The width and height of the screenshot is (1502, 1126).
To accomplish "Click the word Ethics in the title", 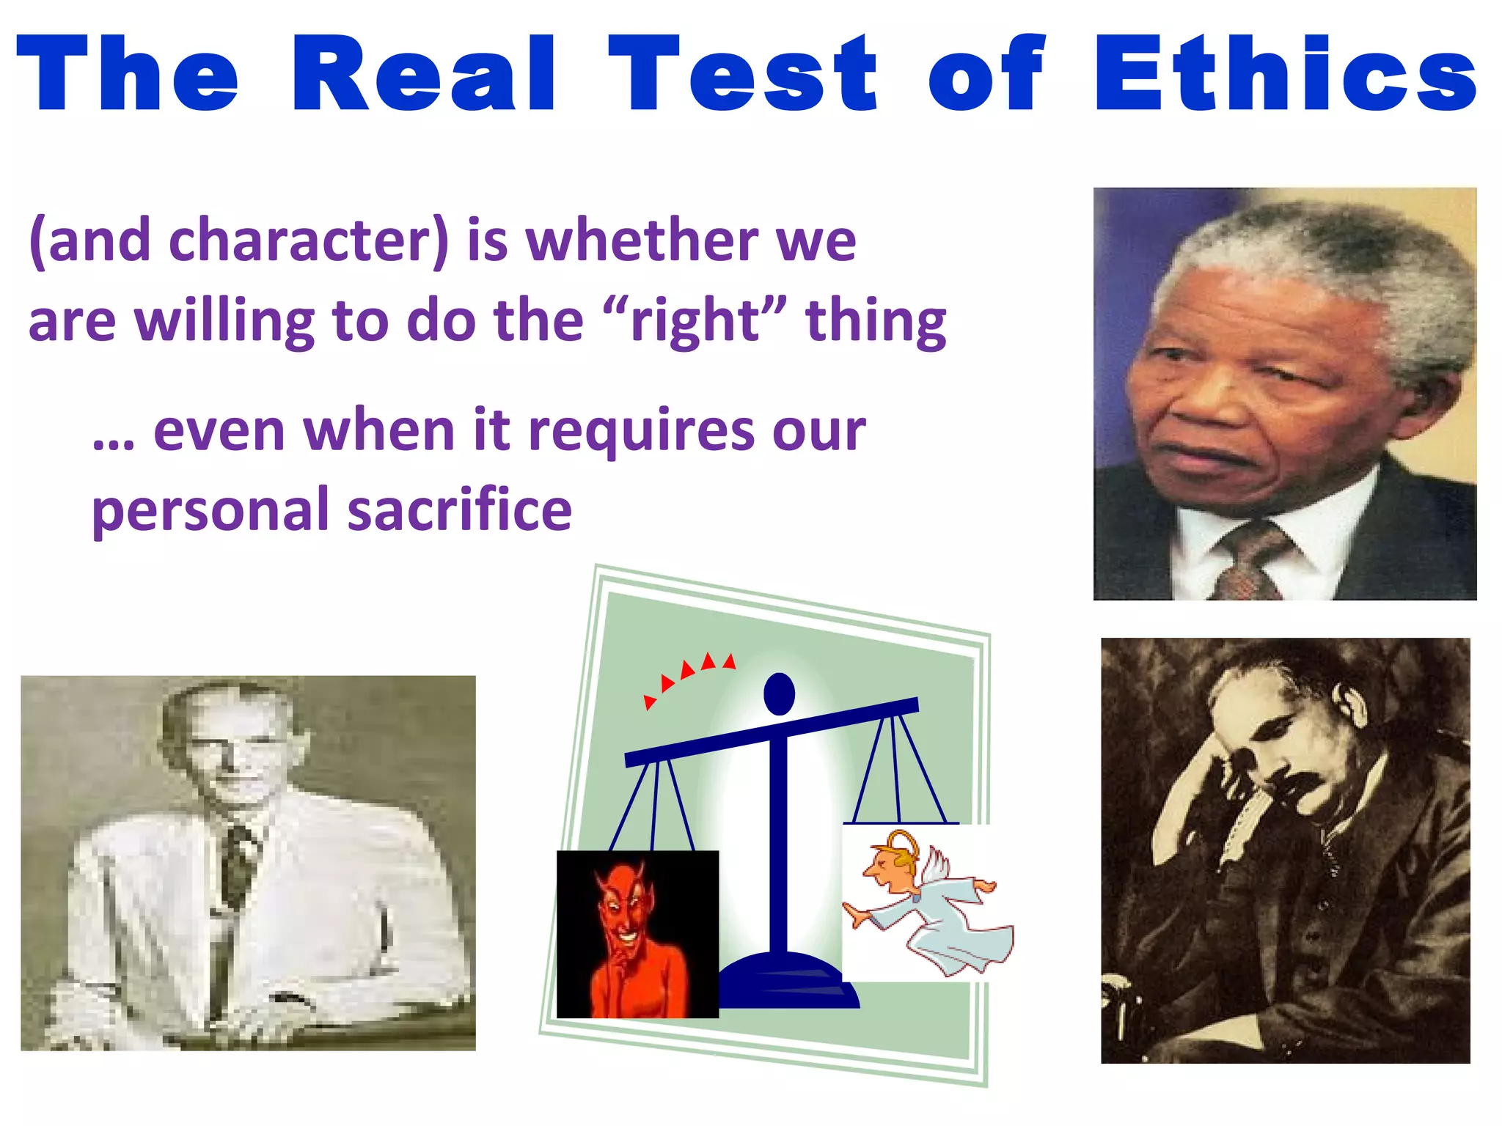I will [1285, 73].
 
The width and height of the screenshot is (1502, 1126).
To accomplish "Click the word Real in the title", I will [423, 73].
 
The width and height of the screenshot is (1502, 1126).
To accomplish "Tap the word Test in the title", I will [742, 73].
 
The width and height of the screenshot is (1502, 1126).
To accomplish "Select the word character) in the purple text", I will [308, 240].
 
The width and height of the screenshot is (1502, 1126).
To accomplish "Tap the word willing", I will [224, 323].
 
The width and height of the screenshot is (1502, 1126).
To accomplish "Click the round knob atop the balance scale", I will [779, 693].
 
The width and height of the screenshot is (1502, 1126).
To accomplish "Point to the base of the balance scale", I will [785, 982].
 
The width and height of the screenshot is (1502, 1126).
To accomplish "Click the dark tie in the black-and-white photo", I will [238, 865].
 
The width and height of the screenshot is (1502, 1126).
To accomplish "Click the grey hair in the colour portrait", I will [1320, 249].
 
